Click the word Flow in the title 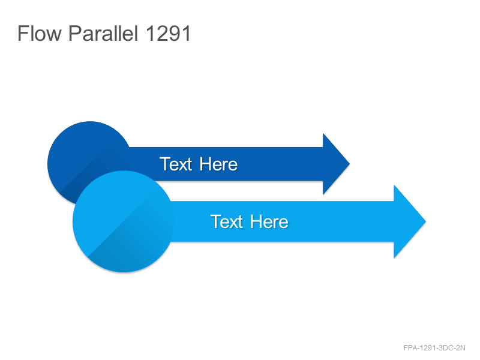click(x=40, y=33)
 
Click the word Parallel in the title click(x=103, y=33)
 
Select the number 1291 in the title click(x=169, y=33)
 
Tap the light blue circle click(x=123, y=221)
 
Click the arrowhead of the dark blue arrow click(x=336, y=164)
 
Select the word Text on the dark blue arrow click(x=176, y=164)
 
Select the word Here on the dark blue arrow click(x=218, y=164)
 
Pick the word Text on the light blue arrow click(x=227, y=221)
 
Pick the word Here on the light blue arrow click(x=269, y=221)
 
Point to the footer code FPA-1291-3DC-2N click(x=434, y=348)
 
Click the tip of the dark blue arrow click(x=350, y=164)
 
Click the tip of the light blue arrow click(x=426, y=221)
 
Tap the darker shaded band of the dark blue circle click(x=92, y=172)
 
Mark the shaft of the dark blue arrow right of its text click(x=280, y=164)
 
